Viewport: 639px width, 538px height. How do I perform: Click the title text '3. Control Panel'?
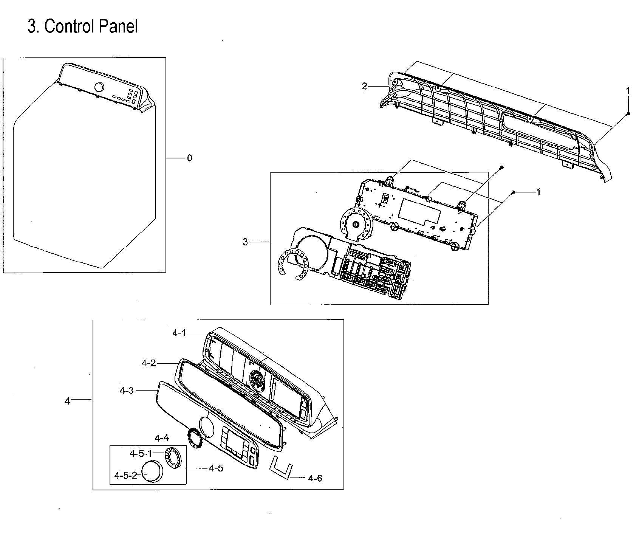(x=82, y=26)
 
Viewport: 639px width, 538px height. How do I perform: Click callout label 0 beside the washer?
(x=189, y=158)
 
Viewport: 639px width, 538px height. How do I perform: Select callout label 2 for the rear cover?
(x=364, y=86)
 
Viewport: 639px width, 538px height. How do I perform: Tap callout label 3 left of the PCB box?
(x=245, y=242)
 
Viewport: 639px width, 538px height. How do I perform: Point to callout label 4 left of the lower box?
(x=67, y=401)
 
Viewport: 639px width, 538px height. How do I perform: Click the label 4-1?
(x=179, y=333)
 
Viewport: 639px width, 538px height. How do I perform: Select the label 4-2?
(x=149, y=363)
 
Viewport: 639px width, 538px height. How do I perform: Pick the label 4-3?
(x=127, y=391)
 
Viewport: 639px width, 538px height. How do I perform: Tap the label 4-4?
(x=161, y=438)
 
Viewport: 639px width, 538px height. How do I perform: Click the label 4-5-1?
(x=141, y=453)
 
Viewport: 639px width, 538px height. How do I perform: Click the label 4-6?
(x=315, y=478)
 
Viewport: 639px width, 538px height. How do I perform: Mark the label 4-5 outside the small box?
(x=216, y=468)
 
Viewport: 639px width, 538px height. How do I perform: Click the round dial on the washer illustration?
(x=99, y=87)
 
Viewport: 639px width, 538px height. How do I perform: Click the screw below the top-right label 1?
(x=628, y=113)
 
